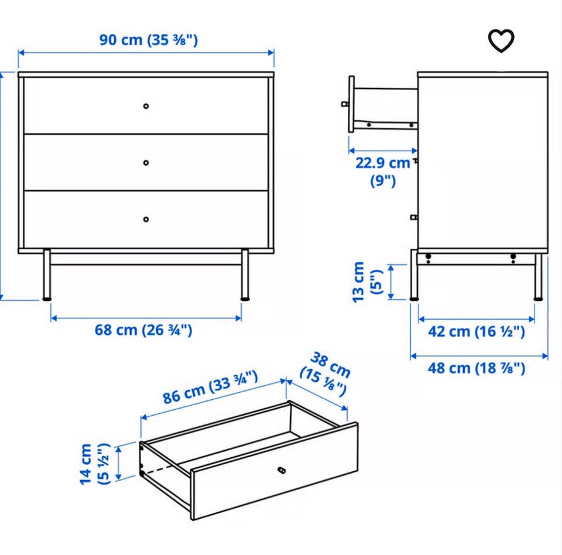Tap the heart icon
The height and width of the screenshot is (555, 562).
501,40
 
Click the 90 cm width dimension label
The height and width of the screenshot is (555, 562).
148,39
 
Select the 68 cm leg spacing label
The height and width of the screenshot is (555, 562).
143,330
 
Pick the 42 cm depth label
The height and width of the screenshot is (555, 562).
477,331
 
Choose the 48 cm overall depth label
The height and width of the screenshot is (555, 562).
477,368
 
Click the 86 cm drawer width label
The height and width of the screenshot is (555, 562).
210,387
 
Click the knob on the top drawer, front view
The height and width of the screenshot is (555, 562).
146,106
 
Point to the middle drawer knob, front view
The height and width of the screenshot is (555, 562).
146,163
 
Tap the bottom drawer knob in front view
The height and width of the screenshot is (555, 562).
146,219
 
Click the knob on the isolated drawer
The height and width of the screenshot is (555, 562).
282,470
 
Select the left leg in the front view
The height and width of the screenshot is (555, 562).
47,275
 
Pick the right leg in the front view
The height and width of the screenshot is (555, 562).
245,275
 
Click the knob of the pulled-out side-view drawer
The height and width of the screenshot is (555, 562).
344,104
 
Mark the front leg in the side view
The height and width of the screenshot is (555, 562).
414,275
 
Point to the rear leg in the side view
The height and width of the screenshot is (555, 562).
538,276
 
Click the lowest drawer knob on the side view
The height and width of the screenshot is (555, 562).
414,217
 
